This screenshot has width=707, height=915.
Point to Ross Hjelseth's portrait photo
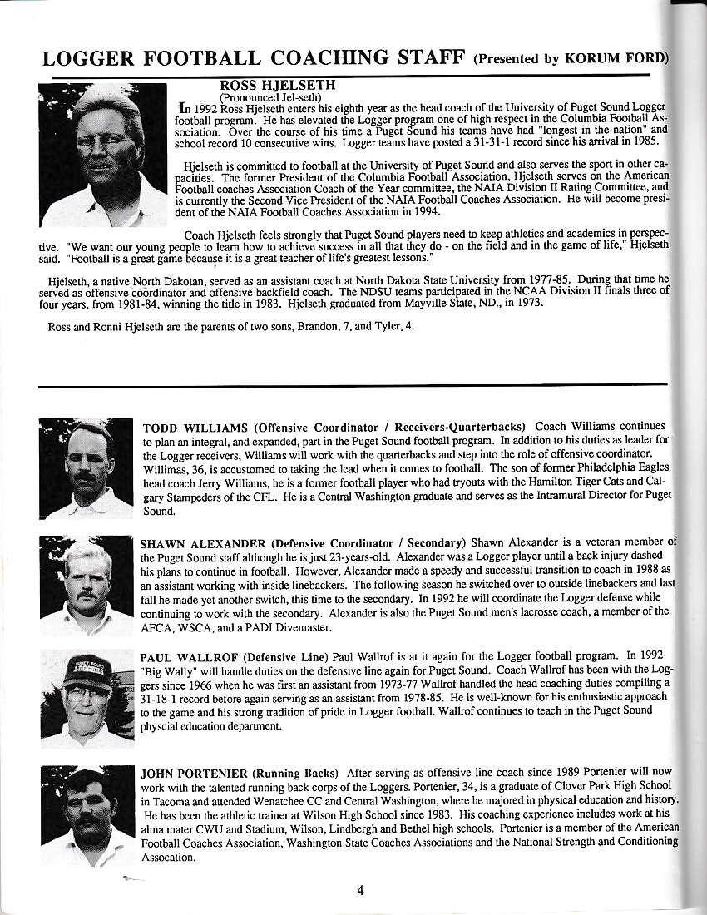click(103, 156)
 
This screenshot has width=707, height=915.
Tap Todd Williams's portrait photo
click(86, 468)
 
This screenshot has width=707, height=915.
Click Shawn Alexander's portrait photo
click(86, 586)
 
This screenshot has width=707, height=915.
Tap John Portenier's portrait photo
click(86, 816)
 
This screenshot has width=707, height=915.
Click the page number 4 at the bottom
click(360, 890)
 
